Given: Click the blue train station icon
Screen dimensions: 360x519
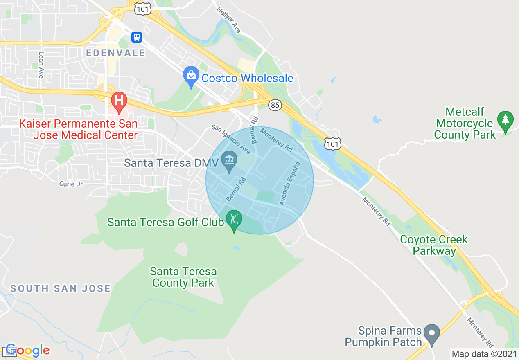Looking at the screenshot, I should tap(137, 37).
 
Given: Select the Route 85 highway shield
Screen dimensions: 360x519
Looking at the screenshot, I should tap(275, 106).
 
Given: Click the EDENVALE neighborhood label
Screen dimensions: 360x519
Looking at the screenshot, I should tap(116, 53).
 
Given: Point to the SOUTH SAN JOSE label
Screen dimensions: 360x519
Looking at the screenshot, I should tap(61, 288).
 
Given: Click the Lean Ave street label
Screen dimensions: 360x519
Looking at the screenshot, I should tap(41, 65).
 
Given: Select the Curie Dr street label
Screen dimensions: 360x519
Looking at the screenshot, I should tap(71, 184).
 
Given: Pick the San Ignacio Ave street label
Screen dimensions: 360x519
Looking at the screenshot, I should tap(231, 139).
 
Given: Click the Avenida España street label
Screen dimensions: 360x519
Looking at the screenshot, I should tap(290, 183).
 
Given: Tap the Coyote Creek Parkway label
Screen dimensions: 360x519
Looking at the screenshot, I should tap(434, 245).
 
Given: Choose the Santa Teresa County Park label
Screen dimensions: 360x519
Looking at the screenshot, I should tap(183, 277).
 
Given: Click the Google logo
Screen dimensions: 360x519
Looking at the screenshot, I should tap(27, 350).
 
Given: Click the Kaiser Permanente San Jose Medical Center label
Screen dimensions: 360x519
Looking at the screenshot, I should tap(78, 129).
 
